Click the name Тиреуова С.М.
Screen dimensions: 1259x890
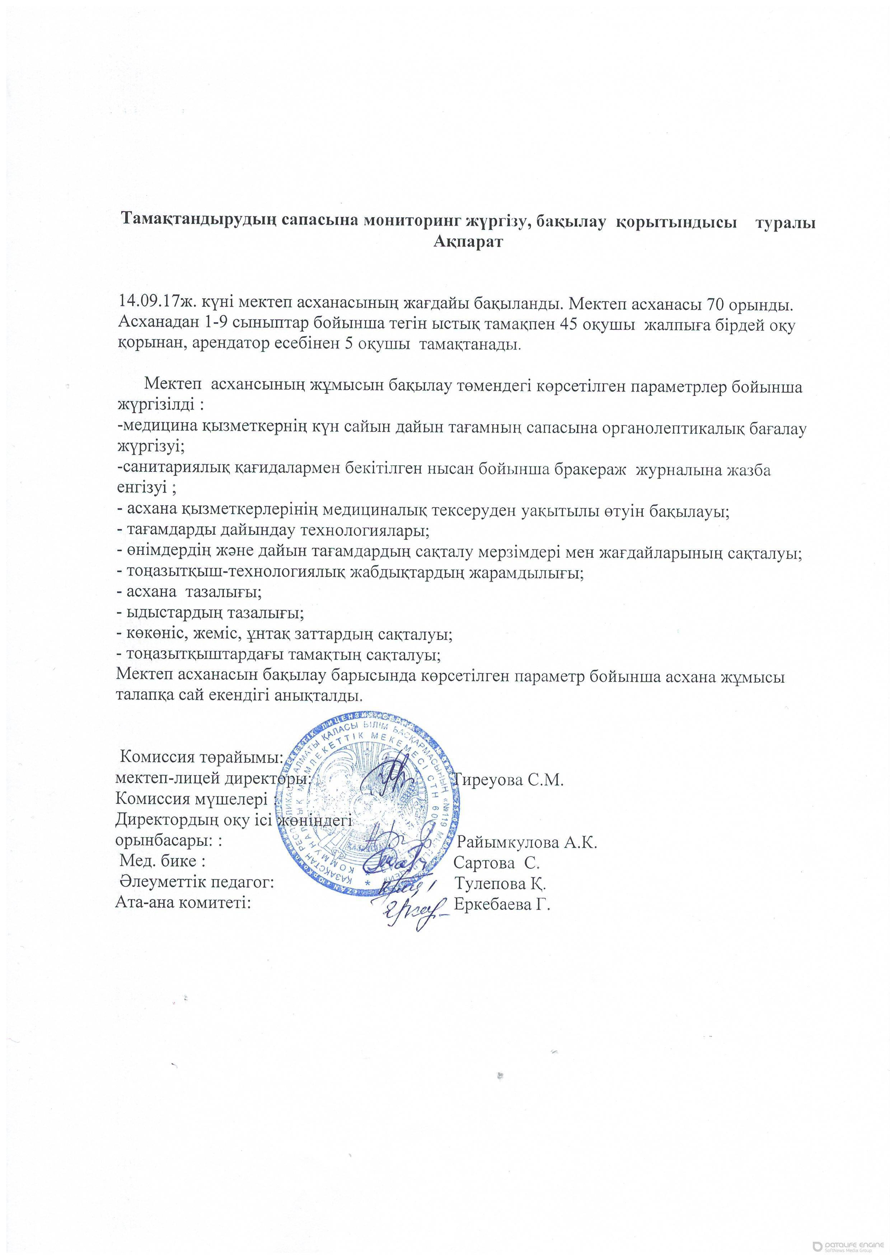[510, 780]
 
